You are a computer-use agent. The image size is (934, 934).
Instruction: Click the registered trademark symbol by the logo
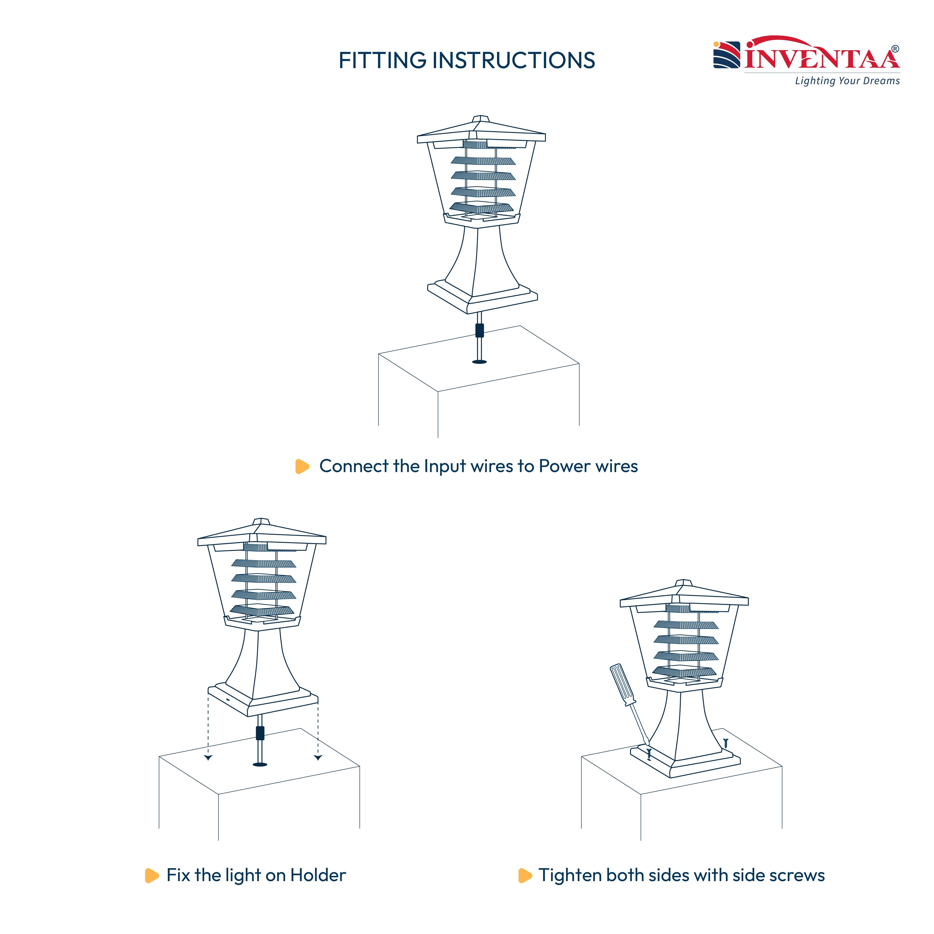(x=895, y=49)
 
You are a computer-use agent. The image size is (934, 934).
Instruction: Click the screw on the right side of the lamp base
(x=725, y=743)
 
